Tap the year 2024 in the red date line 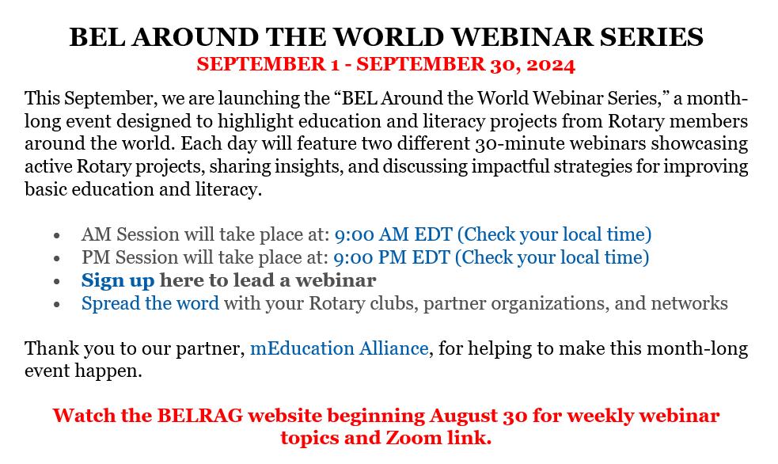coord(551,65)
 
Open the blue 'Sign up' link coord(118,281)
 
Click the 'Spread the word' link coord(150,303)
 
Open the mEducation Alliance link coord(340,348)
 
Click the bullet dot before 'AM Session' coord(57,236)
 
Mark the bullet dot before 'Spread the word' coord(57,305)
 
